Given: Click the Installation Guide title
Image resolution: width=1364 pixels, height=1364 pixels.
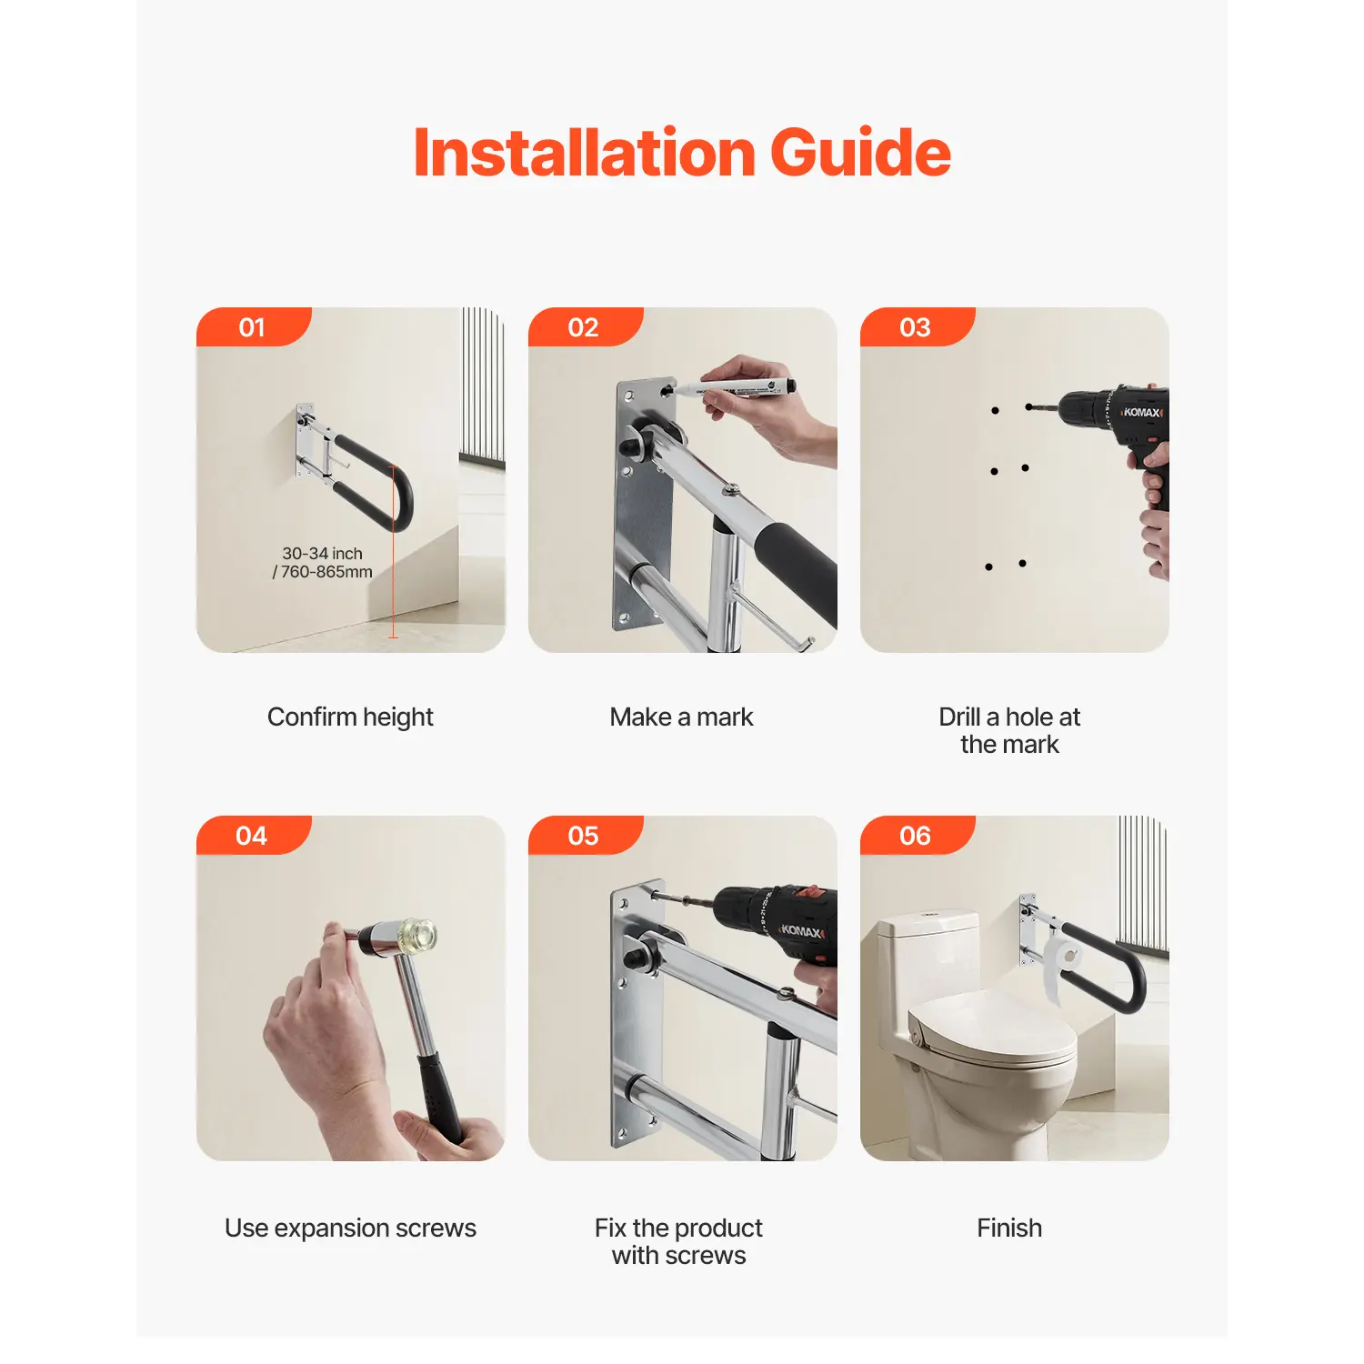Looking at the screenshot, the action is (682, 153).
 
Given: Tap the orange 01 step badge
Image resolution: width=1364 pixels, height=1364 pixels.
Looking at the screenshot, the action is (254, 326).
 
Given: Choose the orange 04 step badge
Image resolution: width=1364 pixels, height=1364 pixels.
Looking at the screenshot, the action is (254, 835).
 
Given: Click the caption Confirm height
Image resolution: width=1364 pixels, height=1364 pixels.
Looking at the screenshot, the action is (350, 717).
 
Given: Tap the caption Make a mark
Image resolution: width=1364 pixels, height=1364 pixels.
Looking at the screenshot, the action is (682, 717).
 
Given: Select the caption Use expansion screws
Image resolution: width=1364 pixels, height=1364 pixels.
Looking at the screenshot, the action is (350, 1229).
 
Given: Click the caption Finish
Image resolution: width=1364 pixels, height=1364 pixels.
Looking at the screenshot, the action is (1009, 1228).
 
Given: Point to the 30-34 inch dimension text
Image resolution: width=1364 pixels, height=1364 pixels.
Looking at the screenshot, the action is (323, 553).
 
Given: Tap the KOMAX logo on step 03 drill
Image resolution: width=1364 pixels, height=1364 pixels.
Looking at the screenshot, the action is (1142, 413).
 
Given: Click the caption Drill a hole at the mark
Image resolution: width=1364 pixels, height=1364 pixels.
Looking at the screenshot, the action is (1009, 730).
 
